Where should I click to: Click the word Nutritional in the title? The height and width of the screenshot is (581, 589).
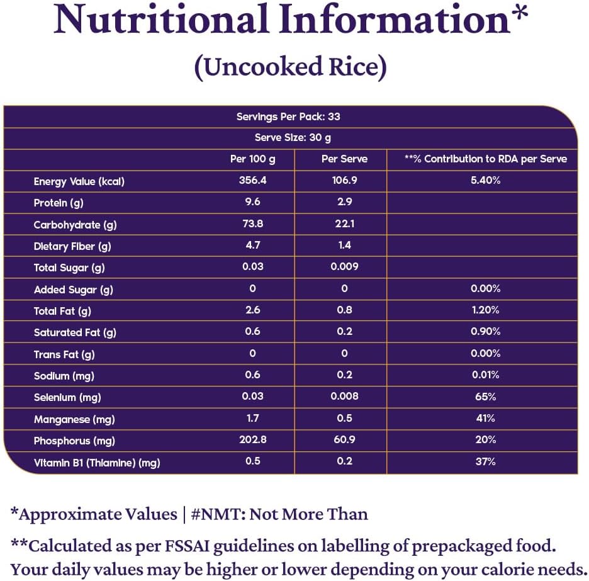(x=160, y=20)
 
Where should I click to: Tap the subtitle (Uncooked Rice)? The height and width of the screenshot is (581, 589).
(x=290, y=66)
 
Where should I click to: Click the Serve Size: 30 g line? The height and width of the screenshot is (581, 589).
(x=293, y=138)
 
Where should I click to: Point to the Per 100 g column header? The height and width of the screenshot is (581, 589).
(x=253, y=159)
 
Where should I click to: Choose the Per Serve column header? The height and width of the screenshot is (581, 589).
(x=344, y=159)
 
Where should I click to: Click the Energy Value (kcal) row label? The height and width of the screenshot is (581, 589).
(x=79, y=182)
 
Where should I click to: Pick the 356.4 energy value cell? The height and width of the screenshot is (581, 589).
(x=253, y=181)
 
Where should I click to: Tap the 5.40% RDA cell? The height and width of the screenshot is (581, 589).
(x=485, y=181)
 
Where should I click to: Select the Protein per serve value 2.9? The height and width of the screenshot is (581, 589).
(x=344, y=202)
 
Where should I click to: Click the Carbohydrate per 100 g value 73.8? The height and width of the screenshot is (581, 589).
(x=253, y=224)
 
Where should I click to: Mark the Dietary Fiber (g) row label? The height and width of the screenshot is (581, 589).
(x=72, y=247)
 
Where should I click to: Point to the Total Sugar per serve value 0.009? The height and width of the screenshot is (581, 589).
(x=344, y=267)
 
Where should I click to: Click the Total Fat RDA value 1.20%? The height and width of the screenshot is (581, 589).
(x=485, y=310)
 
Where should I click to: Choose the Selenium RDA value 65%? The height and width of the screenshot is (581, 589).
(x=485, y=397)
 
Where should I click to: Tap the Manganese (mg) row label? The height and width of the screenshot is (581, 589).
(x=74, y=419)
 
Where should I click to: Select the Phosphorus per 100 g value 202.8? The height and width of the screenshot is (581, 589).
(x=253, y=439)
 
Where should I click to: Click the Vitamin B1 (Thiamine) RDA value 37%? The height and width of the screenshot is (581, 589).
(x=485, y=461)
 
